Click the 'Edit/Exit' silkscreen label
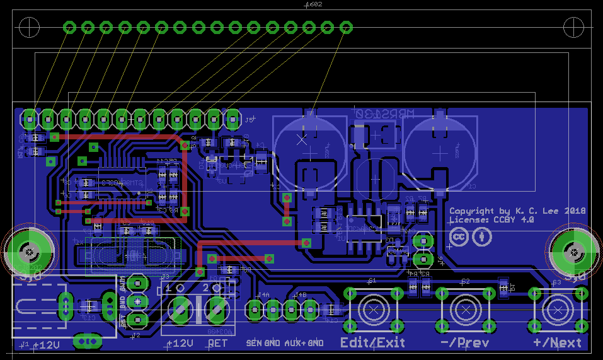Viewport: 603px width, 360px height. (372, 342)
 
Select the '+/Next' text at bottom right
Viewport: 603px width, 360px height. (557, 342)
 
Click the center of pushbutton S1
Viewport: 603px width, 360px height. (372, 309)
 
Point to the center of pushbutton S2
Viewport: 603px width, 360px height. (465, 309)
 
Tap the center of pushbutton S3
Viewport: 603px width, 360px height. (558, 309)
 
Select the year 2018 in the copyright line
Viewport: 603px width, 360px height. (575, 211)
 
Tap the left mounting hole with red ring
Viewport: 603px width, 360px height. (28, 253)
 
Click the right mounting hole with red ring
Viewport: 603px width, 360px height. (574, 253)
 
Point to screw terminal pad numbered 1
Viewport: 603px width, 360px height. (180, 309)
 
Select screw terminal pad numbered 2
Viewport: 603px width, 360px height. (217, 309)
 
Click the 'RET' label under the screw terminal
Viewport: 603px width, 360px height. (217, 344)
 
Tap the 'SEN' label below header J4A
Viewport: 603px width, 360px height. (253, 343)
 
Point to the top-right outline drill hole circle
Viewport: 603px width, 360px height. (574, 27)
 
